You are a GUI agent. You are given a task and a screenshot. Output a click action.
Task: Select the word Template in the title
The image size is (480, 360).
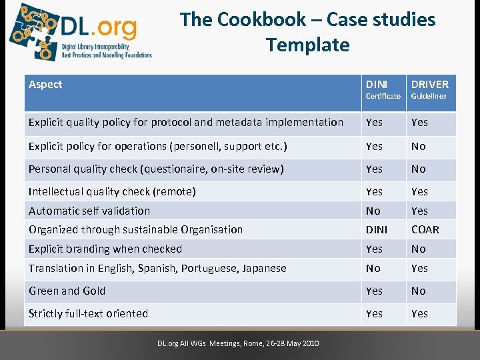[x=307, y=45]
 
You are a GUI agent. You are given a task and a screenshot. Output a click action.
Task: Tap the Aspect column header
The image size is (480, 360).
[x=45, y=84]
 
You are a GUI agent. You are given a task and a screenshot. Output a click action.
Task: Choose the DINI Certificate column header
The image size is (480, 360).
[x=383, y=89]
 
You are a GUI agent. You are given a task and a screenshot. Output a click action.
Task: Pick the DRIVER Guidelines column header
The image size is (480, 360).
[x=429, y=89]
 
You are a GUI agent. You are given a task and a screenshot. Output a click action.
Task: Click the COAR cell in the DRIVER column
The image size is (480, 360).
[x=425, y=229]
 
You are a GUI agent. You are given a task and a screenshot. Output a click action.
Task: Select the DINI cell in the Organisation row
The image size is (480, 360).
[x=376, y=229]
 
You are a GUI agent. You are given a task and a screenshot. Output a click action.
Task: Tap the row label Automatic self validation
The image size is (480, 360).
[x=89, y=211]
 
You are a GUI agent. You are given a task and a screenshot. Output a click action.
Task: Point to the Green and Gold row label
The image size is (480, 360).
[x=67, y=291]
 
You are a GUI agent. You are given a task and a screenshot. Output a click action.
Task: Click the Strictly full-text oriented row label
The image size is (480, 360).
[x=88, y=313]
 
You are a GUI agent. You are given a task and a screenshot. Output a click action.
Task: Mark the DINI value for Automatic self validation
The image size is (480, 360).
[x=373, y=211]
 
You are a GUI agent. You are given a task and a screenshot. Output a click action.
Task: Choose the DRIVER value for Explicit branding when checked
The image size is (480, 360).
[x=418, y=249]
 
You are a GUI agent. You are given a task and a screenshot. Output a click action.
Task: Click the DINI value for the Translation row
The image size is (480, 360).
[x=373, y=268]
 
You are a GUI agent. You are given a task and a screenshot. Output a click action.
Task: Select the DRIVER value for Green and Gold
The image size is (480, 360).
[x=418, y=291]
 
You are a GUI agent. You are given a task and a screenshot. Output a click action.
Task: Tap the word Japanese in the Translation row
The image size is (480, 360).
[x=261, y=268]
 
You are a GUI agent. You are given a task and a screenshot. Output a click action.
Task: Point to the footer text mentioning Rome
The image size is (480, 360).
[x=238, y=343]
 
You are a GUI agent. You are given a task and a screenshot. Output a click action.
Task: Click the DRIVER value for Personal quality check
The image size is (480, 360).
[x=418, y=169]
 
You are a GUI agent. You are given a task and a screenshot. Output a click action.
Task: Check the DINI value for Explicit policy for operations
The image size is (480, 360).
[x=374, y=146]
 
